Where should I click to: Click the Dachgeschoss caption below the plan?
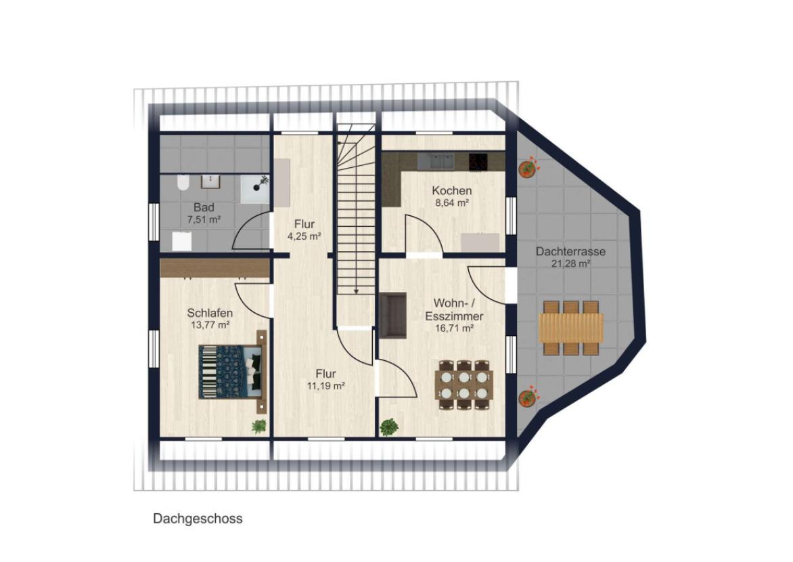(x=198, y=519)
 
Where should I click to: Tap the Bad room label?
(x=204, y=207)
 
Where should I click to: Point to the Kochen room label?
(x=451, y=191)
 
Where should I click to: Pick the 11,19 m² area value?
(x=325, y=387)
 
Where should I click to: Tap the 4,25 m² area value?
(x=304, y=236)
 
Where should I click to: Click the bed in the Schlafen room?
(x=232, y=372)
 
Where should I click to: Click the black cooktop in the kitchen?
(x=478, y=162)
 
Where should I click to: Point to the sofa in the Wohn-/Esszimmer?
(x=392, y=315)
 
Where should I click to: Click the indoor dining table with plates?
(x=464, y=385)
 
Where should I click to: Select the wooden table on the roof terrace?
(x=571, y=328)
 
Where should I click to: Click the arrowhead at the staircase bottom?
(x=356, y=291)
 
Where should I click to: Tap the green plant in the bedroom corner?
(x=259, y=427)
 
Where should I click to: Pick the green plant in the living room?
(x=389, y=427)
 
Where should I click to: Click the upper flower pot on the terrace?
(x=528, y=168)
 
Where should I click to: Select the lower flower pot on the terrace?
(x=528, y=397)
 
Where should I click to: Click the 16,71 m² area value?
(x=454, y=328)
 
